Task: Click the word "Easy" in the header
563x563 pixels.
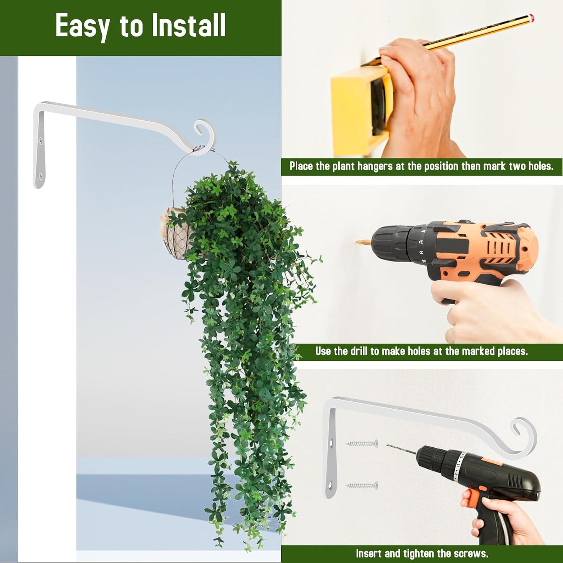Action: (82, 26)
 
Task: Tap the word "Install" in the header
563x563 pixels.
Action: (189, 26)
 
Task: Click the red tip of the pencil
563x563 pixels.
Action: (531, 18)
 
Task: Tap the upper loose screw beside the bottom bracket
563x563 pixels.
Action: (362, 443)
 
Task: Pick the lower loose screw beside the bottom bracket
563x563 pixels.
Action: (362, 485)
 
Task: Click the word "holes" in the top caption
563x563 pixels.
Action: (540, 166)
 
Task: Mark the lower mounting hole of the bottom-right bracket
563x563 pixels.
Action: (331, 485)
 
